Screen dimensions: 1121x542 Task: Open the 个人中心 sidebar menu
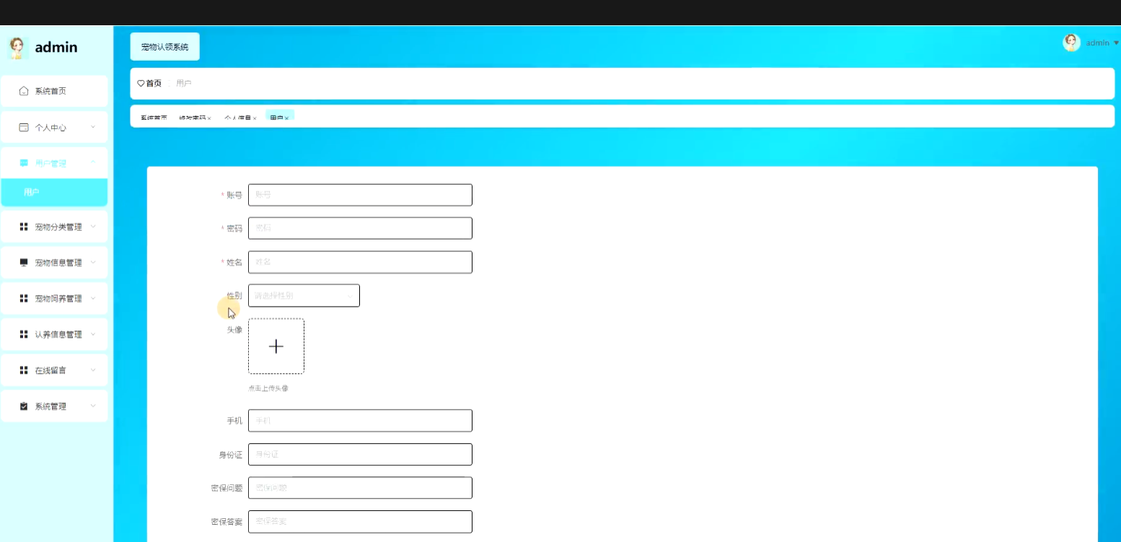pos(54,127)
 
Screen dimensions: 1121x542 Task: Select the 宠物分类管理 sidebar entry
pos(58,227)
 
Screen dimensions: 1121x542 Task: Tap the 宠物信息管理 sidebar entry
pos(58,263)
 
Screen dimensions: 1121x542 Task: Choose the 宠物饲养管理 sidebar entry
pos(58,298)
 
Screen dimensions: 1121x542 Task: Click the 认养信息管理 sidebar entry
pos(58,334)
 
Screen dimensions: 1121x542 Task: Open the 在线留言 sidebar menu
pos(54,370)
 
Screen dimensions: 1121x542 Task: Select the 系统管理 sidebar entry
pos(54,406)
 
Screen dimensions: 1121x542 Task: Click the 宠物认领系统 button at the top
pos(164,47)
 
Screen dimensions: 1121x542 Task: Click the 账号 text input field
pos(360,195)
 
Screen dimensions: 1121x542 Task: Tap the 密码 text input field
pos(360,228)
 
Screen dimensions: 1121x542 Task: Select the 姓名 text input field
pos(360,262)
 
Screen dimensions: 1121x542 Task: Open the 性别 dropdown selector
pos(304,295)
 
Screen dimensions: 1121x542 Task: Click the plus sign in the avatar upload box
pos(276,346)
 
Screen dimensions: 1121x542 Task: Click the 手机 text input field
pos(360,420)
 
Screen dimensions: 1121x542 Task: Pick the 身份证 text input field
pos(360,454)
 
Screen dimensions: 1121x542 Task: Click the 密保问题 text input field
pos(360,487)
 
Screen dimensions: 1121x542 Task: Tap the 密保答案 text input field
pos(360,521)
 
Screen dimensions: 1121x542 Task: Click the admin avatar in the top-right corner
pos(1071,43)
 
